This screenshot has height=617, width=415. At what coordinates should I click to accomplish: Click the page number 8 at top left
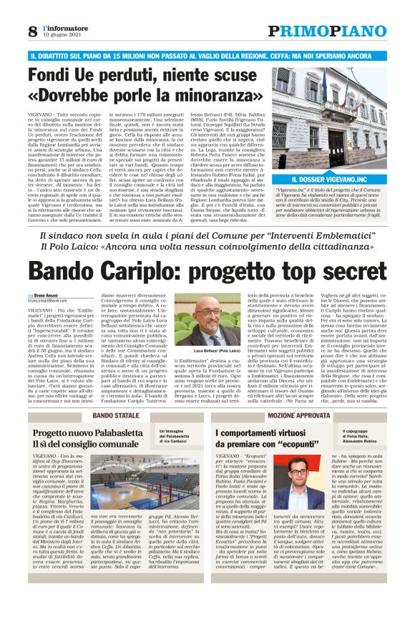pos(33,32)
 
